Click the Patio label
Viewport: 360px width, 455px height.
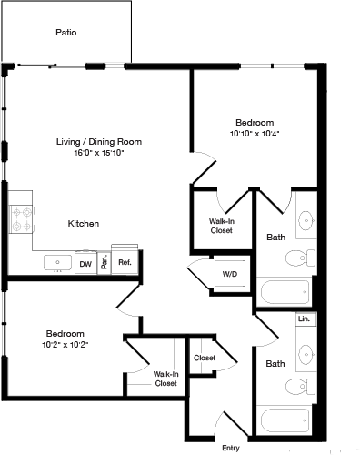pyautogui.click(x=65, y=32)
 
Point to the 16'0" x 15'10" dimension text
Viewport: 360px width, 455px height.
pyautogui.click(x=99, y=153)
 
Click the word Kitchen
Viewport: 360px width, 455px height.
pyautogui.click(x=83, y=223)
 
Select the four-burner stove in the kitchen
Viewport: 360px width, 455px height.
pyautogui.click(x=21, y=219)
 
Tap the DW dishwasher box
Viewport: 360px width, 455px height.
pyautogui.click(x=85, y=264)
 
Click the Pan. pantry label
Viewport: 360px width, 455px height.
pyautogui.click(x=105, y=263)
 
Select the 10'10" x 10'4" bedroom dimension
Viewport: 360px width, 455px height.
pyautogui.click(x=254, y=133)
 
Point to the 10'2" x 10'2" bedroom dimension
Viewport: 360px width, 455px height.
pyautogui.click(x=65, y=345)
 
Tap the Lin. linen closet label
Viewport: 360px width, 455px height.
pyautogui.click(x=303, y=320)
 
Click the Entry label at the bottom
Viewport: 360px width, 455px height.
pyautogui.click(x=231, y=447)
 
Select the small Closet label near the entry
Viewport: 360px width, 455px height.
pyautogui.click(x=204, y=358)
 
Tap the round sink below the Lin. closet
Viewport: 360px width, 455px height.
pyautogui.click(x=305, y=351)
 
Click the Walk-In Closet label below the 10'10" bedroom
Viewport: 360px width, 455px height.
pyautogui.click(x=221, y=226)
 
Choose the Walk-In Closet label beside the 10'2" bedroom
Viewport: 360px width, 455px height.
pyautogui.click(x=165, y=378)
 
